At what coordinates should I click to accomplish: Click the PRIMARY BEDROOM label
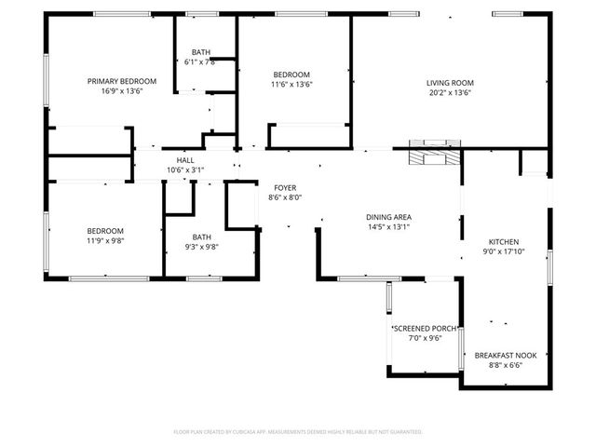click(x=122, y=82)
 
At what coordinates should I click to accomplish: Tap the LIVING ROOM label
click(x=450, y=82)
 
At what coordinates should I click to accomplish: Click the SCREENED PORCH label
click(x=424, y=329)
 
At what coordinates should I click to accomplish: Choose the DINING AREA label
click(x=388, y=216)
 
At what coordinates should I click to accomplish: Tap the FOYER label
click(x=285, y=187)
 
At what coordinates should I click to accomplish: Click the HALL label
click(x=184, y=160)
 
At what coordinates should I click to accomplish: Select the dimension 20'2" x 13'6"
click(x=450, y=92)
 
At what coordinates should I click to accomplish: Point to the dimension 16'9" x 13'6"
click(x=122, y=92)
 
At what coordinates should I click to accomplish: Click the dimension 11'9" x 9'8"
click(x=105, y=240)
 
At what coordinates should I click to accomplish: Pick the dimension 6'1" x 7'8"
click(x=201, y=61)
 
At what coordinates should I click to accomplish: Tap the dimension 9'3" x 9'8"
click(x=202, y=247)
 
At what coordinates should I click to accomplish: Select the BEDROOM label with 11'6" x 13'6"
click(x=291, y=74)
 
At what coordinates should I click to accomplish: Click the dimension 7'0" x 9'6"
click(x=424, y=338)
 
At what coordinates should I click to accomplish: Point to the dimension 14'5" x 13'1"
click(x=388, y=226)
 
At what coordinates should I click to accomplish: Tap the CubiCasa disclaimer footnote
click(x=298, y=432)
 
